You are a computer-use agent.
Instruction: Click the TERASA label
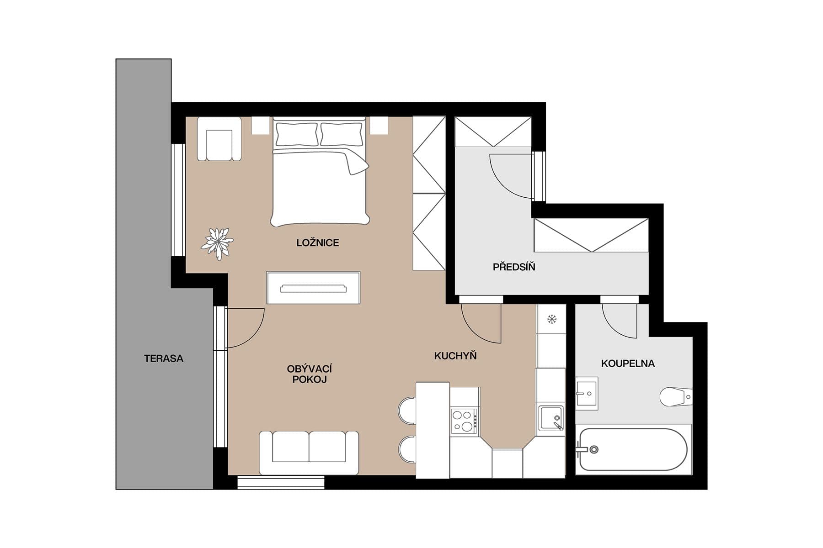click(164, 358)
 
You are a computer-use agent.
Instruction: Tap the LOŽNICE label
click(317, 243)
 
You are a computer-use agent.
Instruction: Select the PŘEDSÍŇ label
click(514, 267)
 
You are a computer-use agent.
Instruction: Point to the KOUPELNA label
click(628, 364)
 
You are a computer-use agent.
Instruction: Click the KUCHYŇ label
click(455, 356)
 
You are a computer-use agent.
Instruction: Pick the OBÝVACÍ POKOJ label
click(310, 374)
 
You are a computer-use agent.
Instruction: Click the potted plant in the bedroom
click(218, 243)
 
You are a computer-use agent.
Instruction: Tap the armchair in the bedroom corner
click(219, 140)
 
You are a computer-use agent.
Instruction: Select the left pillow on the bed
click(296, 134)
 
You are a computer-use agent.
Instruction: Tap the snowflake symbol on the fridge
click(552, 319)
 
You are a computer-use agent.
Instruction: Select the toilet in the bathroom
click(675, 397)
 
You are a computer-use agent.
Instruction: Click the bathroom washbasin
click(586, 393)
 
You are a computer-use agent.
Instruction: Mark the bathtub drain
click(594, 450)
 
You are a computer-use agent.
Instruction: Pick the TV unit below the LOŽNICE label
click(313, 288)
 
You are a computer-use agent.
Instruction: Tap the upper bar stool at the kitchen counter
click(407, 411)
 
